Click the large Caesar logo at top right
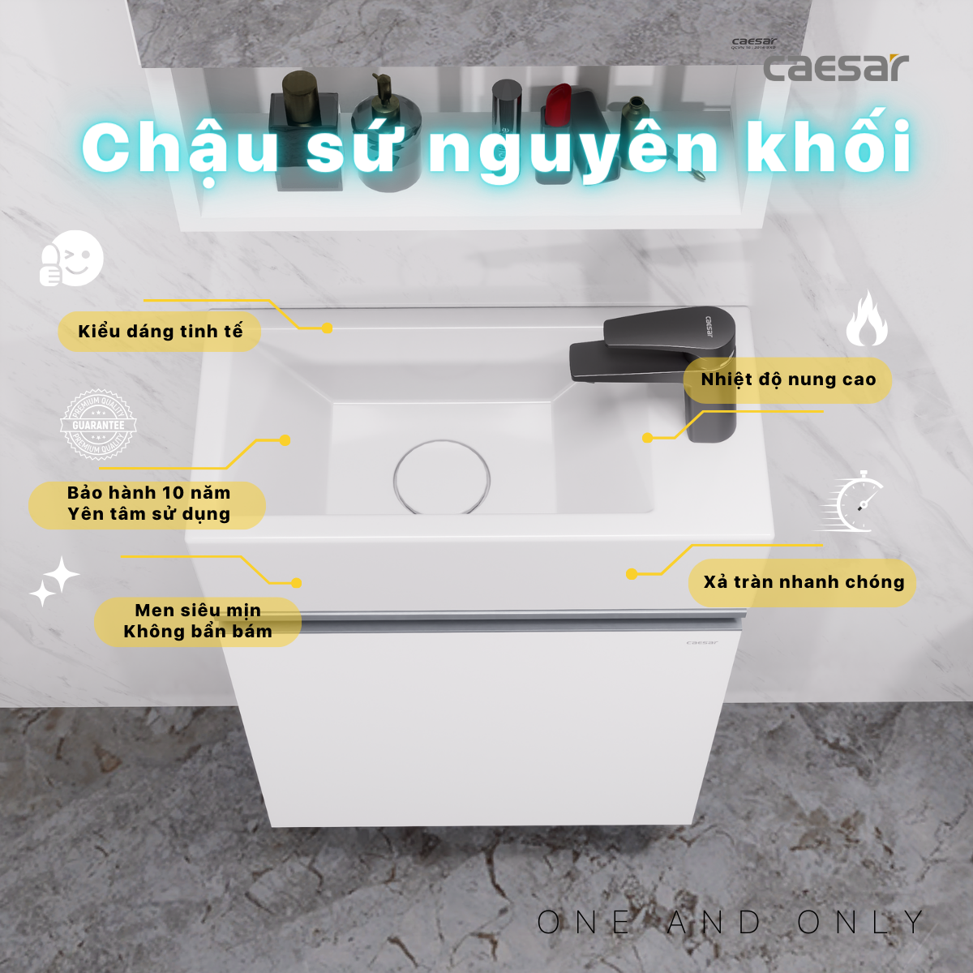tap(835, 67)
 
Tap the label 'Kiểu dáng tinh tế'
tap(159, 331)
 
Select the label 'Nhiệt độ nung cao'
tap(787, 379)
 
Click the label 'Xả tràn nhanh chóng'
tap(803, 582)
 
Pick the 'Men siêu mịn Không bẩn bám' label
tap(198, 621)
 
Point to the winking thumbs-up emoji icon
tap(72, 259)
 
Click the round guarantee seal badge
tap(98, 425)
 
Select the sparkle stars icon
tap(54, 581)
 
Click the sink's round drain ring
tap(442, 478)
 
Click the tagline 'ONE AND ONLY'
tap(730, 922)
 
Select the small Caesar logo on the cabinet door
tap(701, 642)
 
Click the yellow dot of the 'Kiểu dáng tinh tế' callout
tap(327, 328)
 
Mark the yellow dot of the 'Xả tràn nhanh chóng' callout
tap(632, 574)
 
